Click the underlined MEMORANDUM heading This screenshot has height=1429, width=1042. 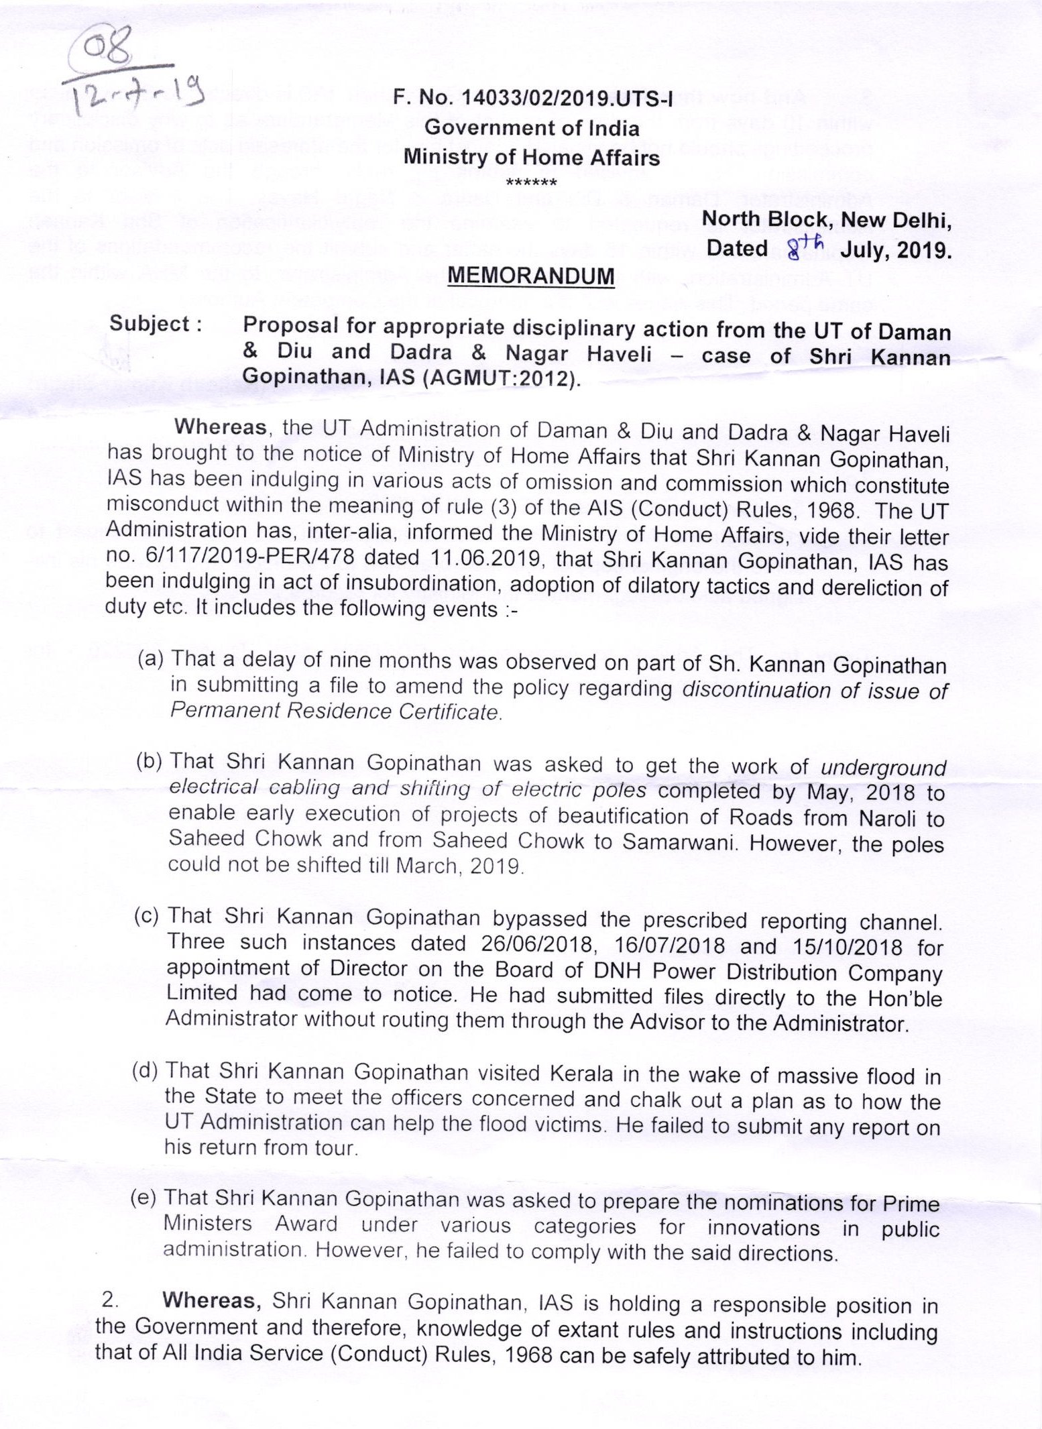(530, 276)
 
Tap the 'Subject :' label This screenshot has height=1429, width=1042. (156, 324)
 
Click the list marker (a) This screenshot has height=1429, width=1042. (151, 659)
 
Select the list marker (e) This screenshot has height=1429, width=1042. (143, 1198)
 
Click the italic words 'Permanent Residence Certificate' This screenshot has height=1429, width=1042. (335, 710)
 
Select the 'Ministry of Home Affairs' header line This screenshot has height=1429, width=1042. (531, 158)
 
